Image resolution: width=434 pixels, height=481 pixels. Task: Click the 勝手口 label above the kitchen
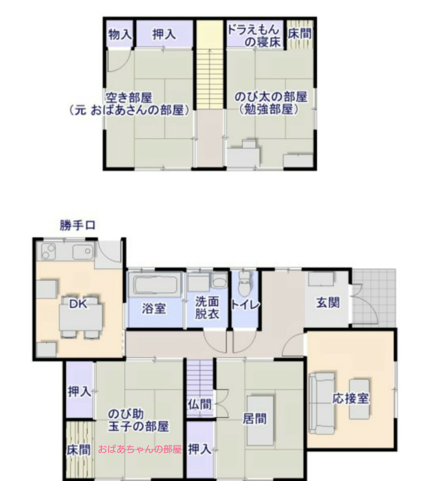(77, 225)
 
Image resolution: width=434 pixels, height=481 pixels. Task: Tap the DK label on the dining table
(78, 304)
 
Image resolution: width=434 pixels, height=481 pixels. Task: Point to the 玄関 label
(328, 303)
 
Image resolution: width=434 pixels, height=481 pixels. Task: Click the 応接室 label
(351, 399)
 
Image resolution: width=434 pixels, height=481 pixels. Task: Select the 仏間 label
(199, 404)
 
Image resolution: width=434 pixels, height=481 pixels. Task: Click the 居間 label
(255, 419)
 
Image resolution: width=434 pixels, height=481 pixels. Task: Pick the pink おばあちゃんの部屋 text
(140, 449)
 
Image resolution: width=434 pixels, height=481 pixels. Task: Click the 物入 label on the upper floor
(120, 35)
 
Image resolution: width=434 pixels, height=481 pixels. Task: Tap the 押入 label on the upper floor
(164, 35)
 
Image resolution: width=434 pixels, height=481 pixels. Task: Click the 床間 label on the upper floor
(300, 34)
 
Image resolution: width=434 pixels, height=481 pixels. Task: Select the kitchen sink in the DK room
(82, 252)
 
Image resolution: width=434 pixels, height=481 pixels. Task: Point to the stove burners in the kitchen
(49, 252)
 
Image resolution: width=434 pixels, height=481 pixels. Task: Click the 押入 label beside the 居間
(200, 449)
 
